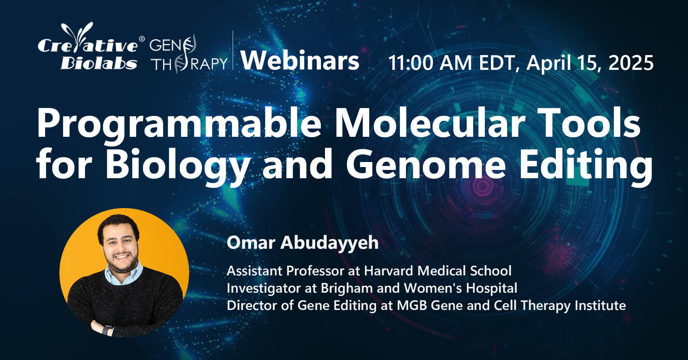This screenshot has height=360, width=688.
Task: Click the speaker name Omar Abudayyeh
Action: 303,243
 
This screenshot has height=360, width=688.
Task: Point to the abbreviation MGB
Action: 412,305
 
